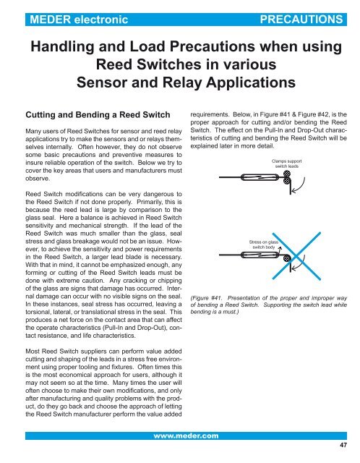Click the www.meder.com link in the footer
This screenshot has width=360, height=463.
point(180,436)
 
